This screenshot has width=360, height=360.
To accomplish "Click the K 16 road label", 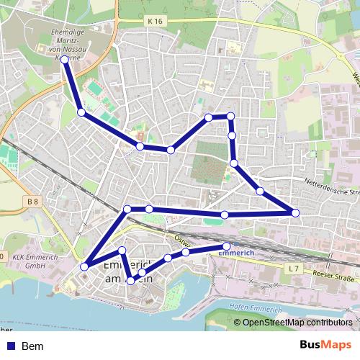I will point(154,22).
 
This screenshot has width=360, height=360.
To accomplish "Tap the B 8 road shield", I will point(31,202).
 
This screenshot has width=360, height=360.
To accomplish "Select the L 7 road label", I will point(292,269).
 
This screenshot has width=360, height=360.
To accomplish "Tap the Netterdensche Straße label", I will point(330,189).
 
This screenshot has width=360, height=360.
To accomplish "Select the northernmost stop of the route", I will point(65,60).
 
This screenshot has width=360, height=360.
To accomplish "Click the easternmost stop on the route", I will point(295,212).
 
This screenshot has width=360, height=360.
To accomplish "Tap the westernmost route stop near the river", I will point(84,266).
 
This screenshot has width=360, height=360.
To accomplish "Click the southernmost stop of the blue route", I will point(131,281).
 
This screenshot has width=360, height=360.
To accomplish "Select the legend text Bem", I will point(33,346).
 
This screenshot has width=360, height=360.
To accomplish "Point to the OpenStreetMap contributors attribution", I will point(297,323).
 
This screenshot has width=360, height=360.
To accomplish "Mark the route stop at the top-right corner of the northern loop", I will point(231,116).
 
